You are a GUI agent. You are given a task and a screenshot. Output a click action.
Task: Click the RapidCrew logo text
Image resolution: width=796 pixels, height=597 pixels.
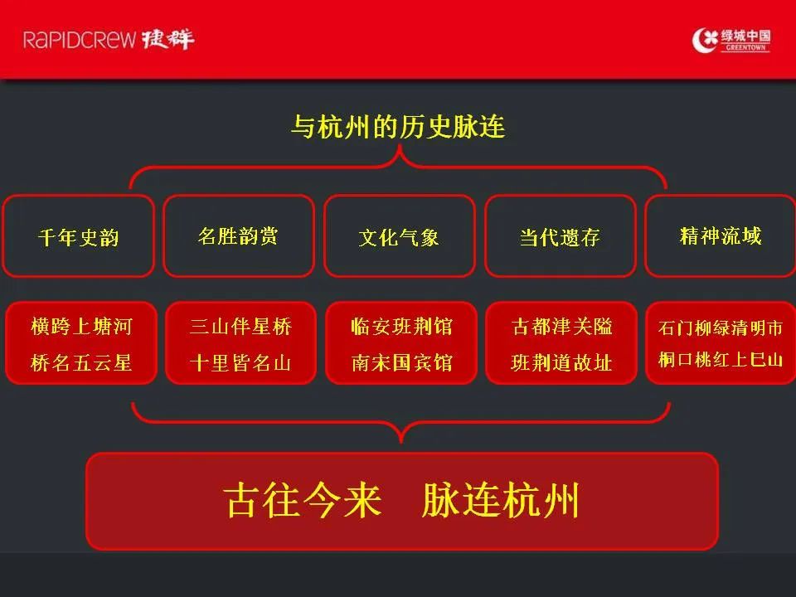pos(108,39)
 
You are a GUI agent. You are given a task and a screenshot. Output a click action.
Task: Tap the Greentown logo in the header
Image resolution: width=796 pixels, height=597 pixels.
pos(731,40)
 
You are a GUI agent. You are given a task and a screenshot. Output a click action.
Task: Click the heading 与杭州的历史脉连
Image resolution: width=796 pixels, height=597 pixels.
pos(398,126)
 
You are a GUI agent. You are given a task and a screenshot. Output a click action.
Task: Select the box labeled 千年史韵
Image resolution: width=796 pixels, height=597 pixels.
pos(78,236)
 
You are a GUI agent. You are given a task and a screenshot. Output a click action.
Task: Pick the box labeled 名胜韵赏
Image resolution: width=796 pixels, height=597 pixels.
pos(239,236)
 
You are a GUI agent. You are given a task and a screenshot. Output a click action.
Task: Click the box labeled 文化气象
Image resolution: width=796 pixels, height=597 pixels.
pos(400,236)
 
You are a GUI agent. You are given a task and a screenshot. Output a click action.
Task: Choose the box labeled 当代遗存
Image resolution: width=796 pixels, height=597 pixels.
pos(561,236)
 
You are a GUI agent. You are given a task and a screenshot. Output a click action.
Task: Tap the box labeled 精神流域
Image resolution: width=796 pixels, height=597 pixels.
pos(721,236)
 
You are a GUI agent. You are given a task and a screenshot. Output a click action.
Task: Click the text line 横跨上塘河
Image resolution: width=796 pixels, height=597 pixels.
pos(81,326)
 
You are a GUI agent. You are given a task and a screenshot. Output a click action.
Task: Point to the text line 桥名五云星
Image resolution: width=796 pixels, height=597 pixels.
pos(81,362)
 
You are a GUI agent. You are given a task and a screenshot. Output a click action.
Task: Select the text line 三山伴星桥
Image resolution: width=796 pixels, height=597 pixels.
pos(240,326)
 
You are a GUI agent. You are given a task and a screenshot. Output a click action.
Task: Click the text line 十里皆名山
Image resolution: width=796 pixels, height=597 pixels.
pos(240,362)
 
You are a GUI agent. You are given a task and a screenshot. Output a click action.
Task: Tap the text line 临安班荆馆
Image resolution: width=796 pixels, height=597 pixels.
pos(401,326)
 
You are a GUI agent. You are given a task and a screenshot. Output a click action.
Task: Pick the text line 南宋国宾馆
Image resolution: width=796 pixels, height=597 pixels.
pos(401,362)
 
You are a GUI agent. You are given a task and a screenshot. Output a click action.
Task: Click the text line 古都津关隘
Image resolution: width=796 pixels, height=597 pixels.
pos(561,326)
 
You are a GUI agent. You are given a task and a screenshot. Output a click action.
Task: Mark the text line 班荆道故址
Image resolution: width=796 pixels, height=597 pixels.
pos(561,362)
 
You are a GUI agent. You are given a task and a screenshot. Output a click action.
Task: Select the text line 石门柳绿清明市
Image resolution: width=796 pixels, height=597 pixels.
pos(721,328)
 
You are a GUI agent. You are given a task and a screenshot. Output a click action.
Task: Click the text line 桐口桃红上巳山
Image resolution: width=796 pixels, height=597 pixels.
pos(721,359)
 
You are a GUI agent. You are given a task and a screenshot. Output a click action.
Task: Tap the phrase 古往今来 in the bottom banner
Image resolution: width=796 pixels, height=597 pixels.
pos(303,500)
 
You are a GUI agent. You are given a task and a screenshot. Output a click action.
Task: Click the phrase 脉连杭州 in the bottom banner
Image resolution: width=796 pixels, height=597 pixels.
pos(501,500)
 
